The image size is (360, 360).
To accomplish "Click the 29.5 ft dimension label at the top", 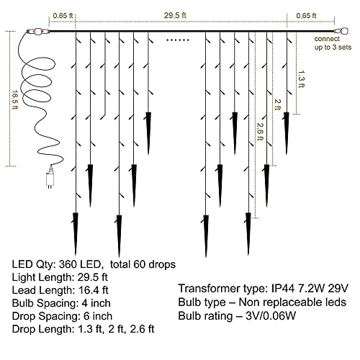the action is [175, 16].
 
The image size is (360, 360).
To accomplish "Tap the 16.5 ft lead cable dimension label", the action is [15, 100].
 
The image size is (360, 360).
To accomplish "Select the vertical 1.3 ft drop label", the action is [301, 79].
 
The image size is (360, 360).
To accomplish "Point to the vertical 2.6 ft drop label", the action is [260, 132].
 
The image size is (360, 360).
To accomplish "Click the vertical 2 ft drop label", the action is [277, 105].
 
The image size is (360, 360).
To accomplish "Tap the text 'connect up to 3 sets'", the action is [333, 43].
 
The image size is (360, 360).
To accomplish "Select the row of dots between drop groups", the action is [178, 40].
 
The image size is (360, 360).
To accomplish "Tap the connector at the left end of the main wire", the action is [38, 32].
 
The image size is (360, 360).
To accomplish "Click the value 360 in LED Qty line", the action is [68, 264].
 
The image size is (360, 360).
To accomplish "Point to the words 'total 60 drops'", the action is [143, 264].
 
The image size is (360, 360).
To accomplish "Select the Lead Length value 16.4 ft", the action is [94, 290].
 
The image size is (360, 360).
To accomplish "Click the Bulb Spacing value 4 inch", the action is [96, 303].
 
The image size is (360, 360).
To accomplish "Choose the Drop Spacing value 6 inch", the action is [98, 316].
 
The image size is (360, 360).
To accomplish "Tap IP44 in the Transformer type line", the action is [283, 289].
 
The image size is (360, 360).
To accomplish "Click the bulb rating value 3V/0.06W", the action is [271, 316].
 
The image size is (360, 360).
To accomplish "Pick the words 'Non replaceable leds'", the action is [292, 302].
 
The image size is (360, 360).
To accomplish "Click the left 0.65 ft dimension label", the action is [63, 16].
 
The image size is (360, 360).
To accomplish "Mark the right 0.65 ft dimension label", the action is [306, 16].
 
